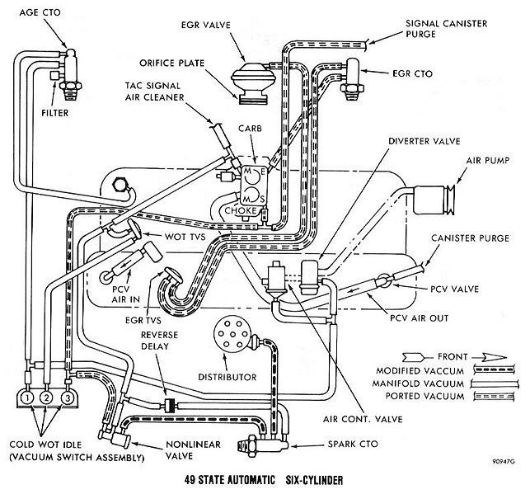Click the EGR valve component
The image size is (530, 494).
click(x=254, y=82)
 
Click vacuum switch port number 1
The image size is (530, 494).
click(x=27, y=398)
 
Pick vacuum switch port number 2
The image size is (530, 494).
click(x=47, y=398)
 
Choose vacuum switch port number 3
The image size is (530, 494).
click(x=68, y=398)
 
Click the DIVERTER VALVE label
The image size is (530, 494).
click(x=424, y=141)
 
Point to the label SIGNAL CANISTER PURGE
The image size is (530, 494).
click(x=446, y=29)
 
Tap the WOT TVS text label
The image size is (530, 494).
click(x=185, y=237)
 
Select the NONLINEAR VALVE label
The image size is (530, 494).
click(x=193, y=449)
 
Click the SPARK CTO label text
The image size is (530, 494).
click(x=353, y=444)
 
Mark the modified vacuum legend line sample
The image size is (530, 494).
click(x=494, y=369)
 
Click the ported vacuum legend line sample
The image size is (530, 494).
click(x=494, y=396)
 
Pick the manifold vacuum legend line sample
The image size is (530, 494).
click(x=494, y=383)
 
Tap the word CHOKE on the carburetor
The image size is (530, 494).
click(x=241, y=210)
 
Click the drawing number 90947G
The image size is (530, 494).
click(x=504, y=462)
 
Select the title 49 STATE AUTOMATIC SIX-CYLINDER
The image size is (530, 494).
click(x=264, y=480)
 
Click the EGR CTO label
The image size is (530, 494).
click(x=412, y=73)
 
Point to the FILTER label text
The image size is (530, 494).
click(x=54, y=113)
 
